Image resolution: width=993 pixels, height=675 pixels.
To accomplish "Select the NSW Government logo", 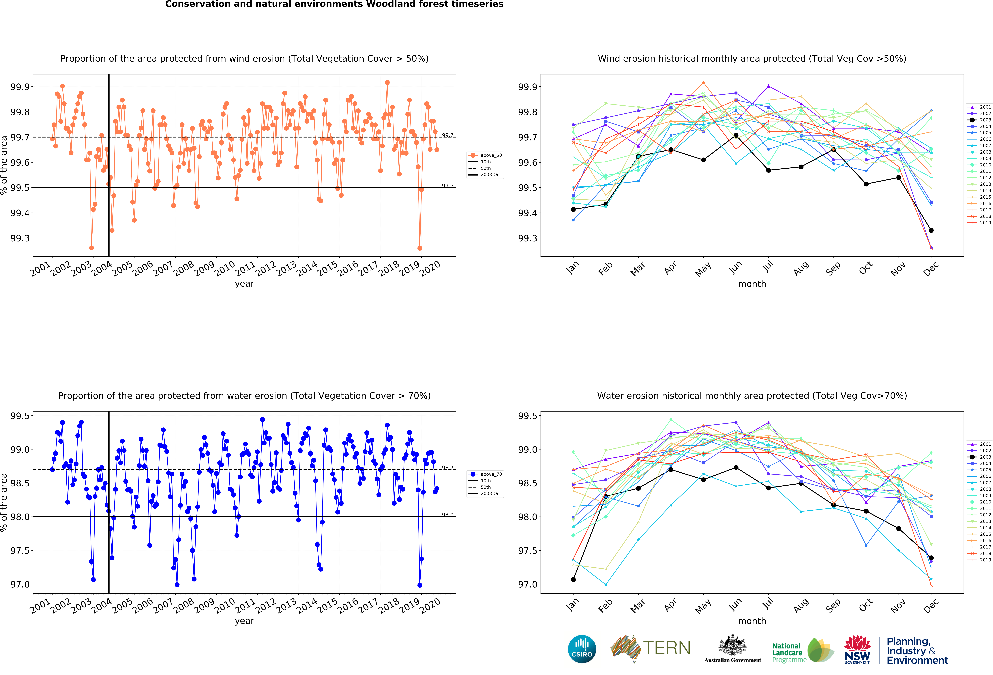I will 857,650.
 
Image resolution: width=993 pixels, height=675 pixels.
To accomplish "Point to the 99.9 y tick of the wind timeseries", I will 20,87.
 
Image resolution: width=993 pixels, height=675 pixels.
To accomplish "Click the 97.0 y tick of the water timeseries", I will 20,584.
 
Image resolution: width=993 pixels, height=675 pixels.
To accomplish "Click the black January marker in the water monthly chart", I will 573,580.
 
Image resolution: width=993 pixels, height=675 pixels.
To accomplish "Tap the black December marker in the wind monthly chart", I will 931,230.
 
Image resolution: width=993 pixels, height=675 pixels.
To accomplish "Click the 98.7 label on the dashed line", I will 447,468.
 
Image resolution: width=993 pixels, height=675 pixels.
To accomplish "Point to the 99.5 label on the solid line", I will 447,186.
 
